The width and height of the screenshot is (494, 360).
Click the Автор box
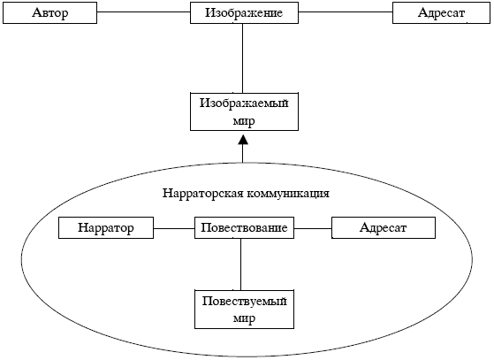[49, 13]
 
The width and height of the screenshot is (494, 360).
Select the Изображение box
[244, 13]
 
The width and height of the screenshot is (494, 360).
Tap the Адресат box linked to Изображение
[441, 13]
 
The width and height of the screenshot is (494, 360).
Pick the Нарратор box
[106, 227]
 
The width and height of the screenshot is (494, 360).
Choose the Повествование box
[244, 227]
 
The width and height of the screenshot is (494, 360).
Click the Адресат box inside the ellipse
[384, 227]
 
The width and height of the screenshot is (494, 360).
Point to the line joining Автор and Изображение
[144, 12]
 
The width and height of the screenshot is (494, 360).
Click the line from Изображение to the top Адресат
[346, 12]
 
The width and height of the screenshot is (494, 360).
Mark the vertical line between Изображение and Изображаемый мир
[243, 58]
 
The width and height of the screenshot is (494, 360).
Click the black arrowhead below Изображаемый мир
[243, 140]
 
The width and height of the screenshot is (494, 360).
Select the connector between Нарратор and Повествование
[174, 228]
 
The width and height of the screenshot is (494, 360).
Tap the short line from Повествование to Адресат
[313, 228]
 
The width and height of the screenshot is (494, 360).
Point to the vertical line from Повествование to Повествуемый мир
[240, 264]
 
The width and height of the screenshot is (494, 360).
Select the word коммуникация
[288, 194]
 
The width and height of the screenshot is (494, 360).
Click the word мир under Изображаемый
[244, 121]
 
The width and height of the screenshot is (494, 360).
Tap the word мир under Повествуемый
[244, 318]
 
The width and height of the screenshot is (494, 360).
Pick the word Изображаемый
[244, 103]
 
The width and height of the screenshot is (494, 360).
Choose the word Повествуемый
[245, 301]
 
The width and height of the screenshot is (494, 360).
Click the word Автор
[49, 13]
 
